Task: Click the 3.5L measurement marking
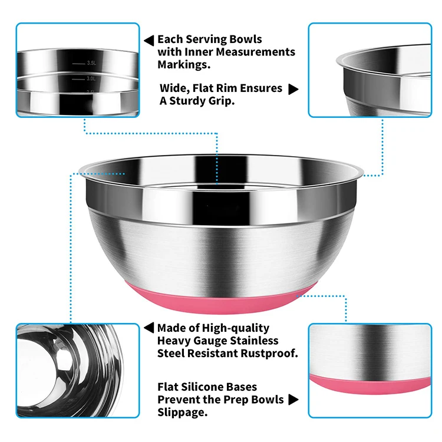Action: coord(91,62)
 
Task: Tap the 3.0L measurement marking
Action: coord(91,77)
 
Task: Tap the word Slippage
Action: coord(182,413)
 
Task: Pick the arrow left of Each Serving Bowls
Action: coord(149,40)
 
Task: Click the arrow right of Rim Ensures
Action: coord(293,89)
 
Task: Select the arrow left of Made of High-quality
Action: coord(149,328)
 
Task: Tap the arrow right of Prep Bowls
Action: coord(293,400)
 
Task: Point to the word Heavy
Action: coord(175,341)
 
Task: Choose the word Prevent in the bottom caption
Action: coord(179,400)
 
